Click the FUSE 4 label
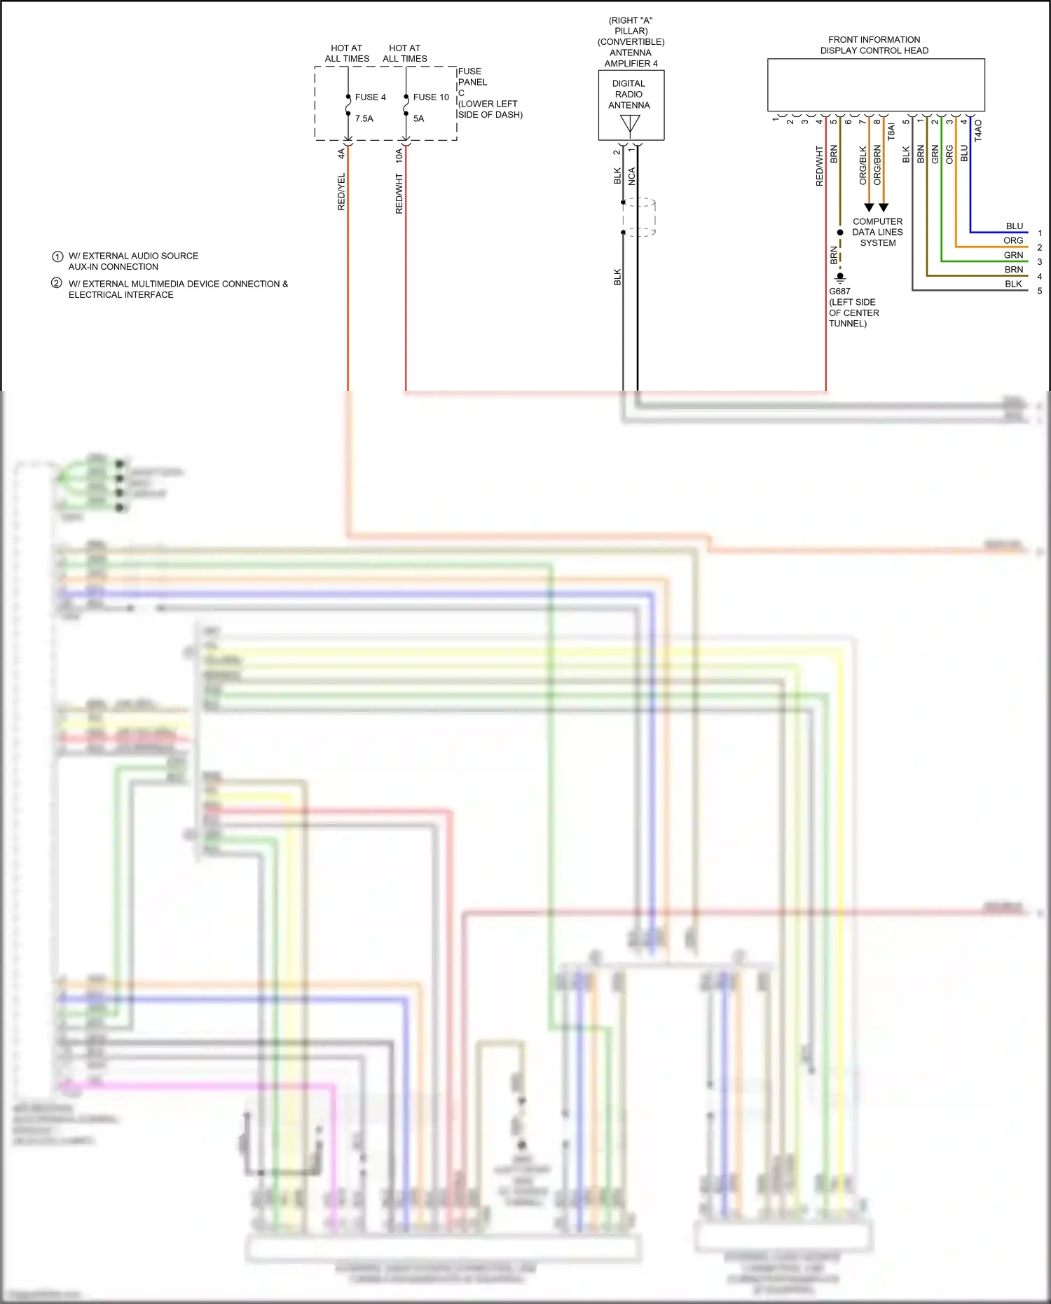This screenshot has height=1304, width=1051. (370, 97)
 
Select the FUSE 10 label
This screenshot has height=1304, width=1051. (430, 97)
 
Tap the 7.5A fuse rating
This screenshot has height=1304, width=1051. (364, 118)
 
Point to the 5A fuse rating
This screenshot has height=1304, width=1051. (418, 118)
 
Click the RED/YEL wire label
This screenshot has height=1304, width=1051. (341, 192)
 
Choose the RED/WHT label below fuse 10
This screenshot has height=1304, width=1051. (399, 194)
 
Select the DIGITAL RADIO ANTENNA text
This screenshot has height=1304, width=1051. (628, 95)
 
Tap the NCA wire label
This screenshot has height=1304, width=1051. (631, 177)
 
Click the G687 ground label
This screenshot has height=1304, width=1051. (839, 291)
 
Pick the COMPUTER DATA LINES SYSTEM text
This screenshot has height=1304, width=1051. (877, 232)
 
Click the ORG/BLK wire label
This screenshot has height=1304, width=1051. (863, 165)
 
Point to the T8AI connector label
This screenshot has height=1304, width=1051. (891, 132)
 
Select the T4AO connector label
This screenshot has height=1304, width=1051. (978, 130)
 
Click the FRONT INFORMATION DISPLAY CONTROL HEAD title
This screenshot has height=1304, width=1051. (874, 45)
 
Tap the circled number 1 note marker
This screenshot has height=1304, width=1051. (57, 256)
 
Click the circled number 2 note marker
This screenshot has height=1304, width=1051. (57, 283)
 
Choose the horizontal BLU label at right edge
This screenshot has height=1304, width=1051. (1014, 226)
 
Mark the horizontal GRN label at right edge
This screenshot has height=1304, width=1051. (1013, 255)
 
